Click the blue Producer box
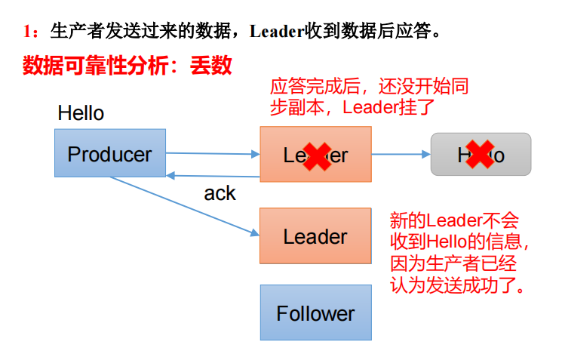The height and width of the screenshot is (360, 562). click(x=109, y=153)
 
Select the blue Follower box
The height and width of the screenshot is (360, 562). click(x=315, y=312)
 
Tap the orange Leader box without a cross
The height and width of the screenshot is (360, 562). click(x=315, y=236)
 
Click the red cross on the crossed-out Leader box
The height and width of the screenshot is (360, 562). click(x=315, y=155)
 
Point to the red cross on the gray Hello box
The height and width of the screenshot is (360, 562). click(x=480, y=153)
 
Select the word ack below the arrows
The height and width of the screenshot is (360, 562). click(x=220, y=193)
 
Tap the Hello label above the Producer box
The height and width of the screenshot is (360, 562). click(x=81, y=114)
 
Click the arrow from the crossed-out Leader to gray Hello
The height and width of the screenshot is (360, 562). click(x=401, y=154)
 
